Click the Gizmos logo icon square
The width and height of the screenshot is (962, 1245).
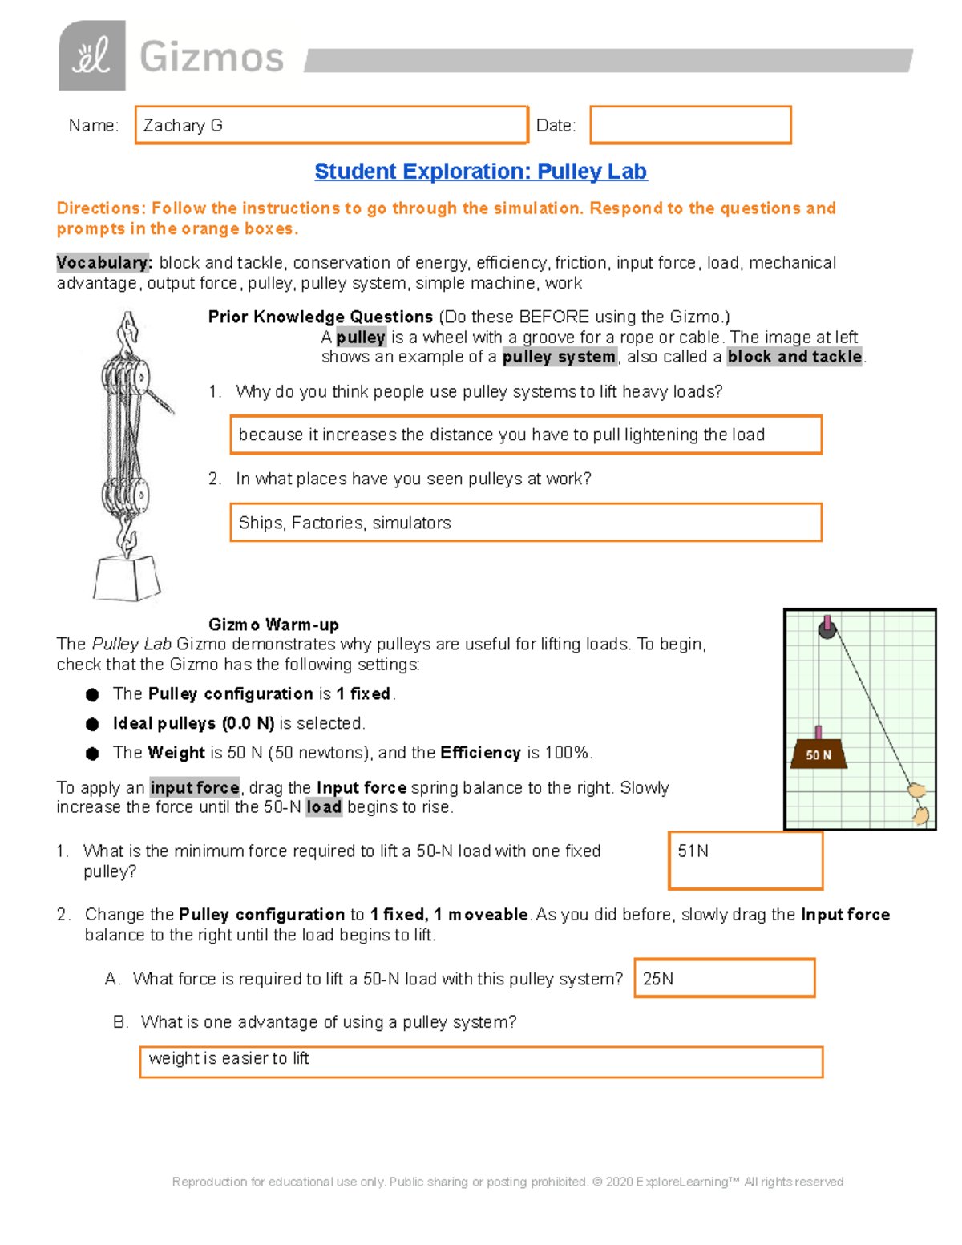tap(91, 55)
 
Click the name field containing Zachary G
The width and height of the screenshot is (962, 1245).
tap(331, 125)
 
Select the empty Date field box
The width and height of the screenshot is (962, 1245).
tap(690, 125)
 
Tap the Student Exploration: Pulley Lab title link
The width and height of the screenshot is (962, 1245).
tap(480, 172)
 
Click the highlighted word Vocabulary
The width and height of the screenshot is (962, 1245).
tap(103, 263)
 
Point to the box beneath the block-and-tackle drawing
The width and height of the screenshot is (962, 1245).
tap(126, 577)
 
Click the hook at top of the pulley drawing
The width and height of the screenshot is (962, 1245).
tap(127, 329)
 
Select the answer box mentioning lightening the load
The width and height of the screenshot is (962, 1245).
tap(526, 435)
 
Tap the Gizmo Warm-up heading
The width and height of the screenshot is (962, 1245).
tap(273, 625)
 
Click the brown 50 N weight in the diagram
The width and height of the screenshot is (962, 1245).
tap(819, 754)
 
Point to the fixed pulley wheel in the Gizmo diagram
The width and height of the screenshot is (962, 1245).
tap(827, 630)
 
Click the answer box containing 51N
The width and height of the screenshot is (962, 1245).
tap(746, 860)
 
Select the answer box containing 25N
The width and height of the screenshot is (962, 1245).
tap(724, 978)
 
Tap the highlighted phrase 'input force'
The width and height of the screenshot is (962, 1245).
tap(195, 787)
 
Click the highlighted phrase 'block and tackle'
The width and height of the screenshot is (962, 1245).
tap(794, 357)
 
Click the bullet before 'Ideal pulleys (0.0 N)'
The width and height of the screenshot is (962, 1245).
tap(92, 724)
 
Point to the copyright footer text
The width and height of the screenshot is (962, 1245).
tap(507, 1182)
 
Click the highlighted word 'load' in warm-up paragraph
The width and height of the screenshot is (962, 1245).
tap(324, 807)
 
